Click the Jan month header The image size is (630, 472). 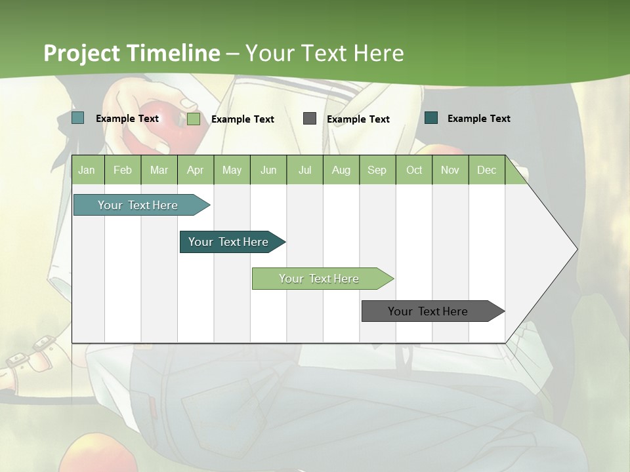pos(87,170)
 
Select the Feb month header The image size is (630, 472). pos(123,170)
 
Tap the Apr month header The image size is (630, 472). pos(195,170)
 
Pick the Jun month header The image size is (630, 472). pos(268,170)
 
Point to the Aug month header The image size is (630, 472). pos(341,170)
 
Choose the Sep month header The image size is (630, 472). pos(377,170)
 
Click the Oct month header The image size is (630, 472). pos(414,170)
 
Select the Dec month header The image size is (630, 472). pos(486,170)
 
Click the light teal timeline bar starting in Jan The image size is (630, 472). pos(138,205)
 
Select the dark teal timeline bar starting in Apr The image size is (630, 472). pos(229,242)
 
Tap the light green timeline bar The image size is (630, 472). pos(320,279)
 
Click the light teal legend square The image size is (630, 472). pos(78,118)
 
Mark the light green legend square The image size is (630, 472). pos(194,119)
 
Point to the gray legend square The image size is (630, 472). pos(310,118)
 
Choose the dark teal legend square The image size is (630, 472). pos(431,118)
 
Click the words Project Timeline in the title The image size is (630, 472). pos(132,53)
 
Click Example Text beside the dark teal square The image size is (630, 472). pos(478,119)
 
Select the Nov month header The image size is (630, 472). pos(450,170)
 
